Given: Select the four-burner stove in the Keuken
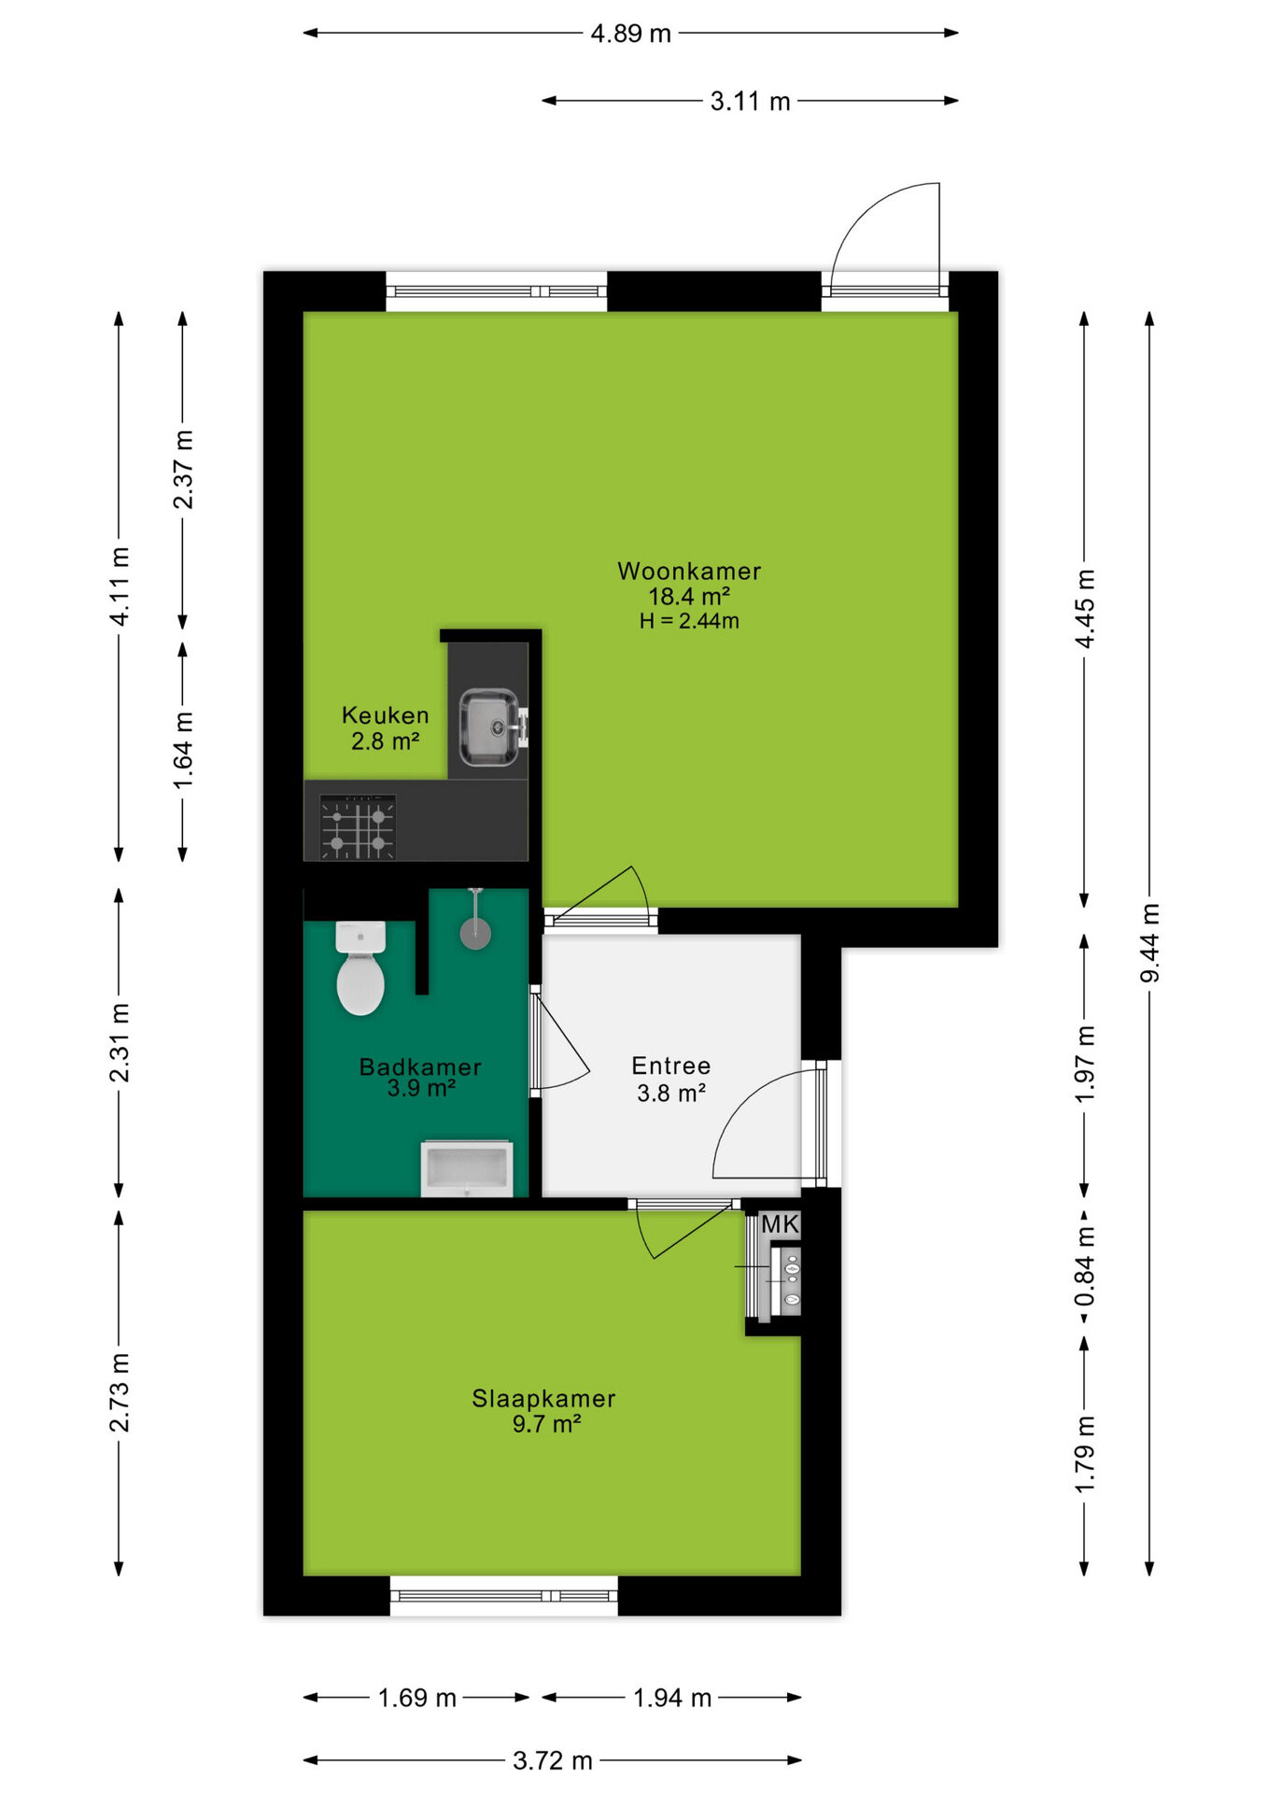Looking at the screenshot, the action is (x=358, y=826).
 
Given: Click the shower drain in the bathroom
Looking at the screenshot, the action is (x=476, y=932).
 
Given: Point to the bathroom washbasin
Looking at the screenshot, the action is (x=467, y=1167).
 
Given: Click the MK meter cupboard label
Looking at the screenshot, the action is (x=781, y=1223).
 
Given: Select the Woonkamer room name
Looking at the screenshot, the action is (x=689, y=571).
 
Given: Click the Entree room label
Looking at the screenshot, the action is (x=671, y=1066).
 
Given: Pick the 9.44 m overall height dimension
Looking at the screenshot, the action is (x=1150, y=943).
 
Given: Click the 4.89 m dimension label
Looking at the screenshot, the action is (x=631, y=34).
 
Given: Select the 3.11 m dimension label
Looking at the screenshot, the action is (x=751, y=101).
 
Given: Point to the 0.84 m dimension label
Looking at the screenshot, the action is (x=1085, y=1267).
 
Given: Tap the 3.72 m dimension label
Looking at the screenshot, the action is (x=553, y=1761).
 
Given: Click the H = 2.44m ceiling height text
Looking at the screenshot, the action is (x=689, y=621).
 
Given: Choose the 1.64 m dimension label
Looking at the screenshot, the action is (x=184, y=750).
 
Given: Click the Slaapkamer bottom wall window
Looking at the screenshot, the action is (x=504, y=1596).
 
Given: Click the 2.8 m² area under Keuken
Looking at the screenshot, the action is (x=386, y=742).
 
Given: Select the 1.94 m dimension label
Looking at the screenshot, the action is (x=672, y=1698).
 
